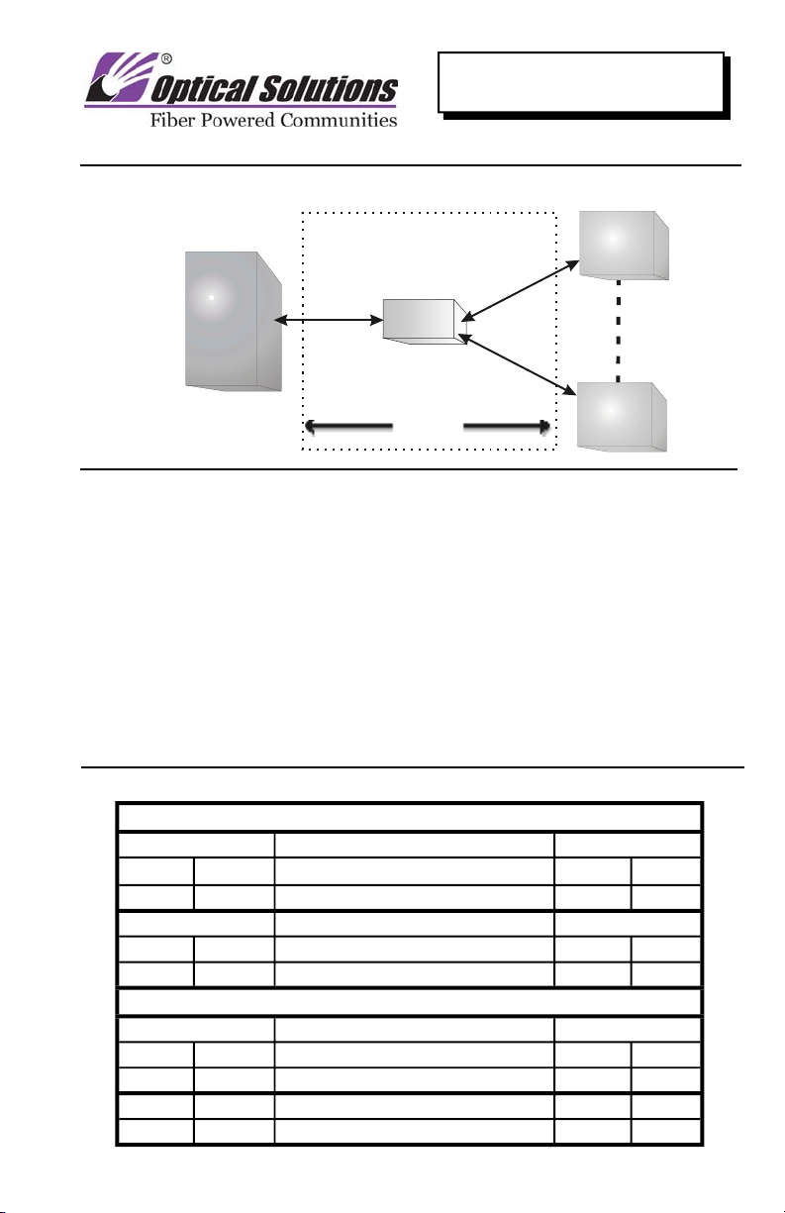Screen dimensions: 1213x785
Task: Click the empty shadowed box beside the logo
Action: point(582,81)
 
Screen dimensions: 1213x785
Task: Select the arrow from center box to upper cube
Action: point(520,288)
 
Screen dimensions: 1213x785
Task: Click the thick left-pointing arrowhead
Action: point(313,426)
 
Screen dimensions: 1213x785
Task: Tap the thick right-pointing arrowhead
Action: point(542,426)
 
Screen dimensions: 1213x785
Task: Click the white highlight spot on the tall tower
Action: point(212,297)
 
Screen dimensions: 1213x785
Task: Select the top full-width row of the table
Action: point(409,818)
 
